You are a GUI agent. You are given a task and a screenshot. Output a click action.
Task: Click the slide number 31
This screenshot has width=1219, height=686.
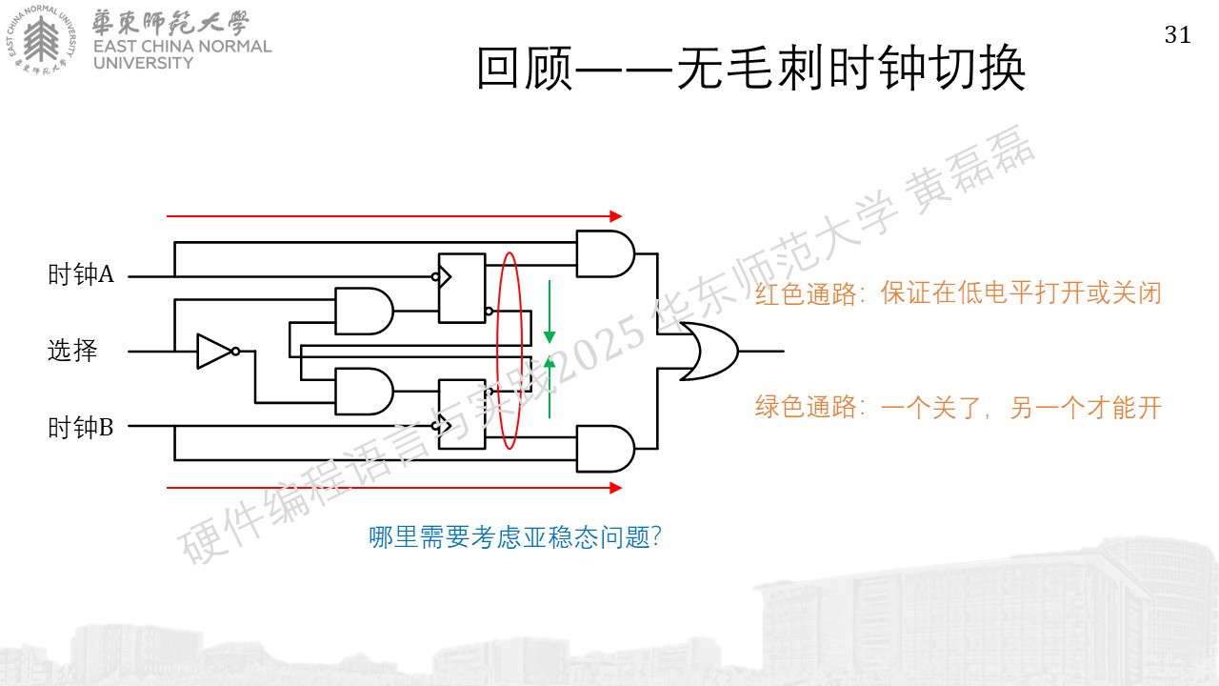tap(1178, 35)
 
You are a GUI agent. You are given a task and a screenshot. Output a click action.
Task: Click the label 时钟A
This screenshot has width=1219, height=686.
tap(81, 273)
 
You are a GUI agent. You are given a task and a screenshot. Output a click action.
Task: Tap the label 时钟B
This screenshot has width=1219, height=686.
tap(81, 428)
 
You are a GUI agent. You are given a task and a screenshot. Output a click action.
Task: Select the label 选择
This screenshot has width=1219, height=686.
tap(72, 350)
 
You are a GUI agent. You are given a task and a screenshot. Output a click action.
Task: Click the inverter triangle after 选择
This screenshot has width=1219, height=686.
tap(214, 352)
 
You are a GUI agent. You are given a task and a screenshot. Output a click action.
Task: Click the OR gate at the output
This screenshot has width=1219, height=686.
tap(709, 352)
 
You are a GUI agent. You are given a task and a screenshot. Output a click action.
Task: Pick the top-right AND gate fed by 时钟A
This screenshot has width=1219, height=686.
tap(605, 253)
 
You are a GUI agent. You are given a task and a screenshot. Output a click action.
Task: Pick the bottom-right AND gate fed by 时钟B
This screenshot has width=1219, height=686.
tap(605, 449)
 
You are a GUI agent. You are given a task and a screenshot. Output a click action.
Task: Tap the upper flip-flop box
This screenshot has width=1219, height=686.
tap(462, 288)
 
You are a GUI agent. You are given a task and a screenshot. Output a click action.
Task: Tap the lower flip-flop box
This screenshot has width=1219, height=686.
tap(462, 414)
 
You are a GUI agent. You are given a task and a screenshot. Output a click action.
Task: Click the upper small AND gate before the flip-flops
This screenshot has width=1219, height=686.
tap(364, 311)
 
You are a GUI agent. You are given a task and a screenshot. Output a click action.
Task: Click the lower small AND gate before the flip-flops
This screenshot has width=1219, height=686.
tap(364, 392)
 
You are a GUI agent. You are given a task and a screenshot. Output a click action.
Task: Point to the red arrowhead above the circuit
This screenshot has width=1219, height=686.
tap(616, 216)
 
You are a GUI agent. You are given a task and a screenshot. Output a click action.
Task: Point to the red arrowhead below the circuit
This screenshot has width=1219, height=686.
tap(616, 488)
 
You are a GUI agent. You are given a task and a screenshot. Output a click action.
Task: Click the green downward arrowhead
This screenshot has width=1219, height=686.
tap(550, 336)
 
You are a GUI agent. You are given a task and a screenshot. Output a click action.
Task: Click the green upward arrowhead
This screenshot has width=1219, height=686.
tap(550, 362)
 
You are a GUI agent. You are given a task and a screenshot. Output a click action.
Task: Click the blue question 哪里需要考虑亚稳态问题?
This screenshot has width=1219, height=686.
tap(515, 536)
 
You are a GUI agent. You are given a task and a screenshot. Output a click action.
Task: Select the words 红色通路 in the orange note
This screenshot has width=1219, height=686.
tap(806, 293)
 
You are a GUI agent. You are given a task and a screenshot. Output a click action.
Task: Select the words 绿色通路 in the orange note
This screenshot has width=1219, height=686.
tap(806, 407)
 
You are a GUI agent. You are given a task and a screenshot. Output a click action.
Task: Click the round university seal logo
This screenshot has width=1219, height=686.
tap(41, 40)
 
